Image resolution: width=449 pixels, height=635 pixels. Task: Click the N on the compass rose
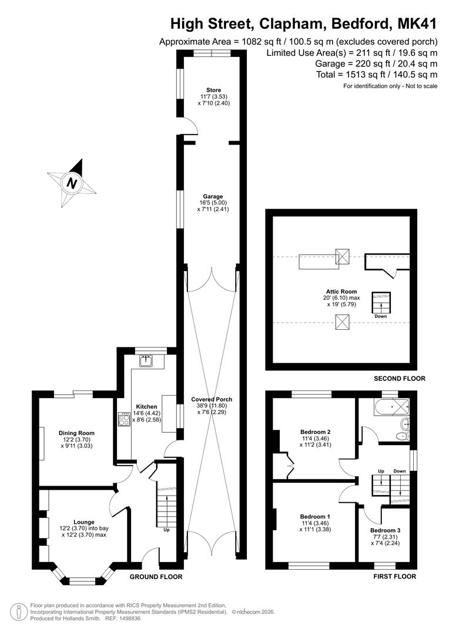coord(72,183)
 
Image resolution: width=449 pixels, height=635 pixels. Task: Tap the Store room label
coord(213,90)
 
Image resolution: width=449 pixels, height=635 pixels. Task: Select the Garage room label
coord(213,196)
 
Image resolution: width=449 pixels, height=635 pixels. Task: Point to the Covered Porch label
coord(212,399)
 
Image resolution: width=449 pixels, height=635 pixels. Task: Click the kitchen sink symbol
coord(146,360)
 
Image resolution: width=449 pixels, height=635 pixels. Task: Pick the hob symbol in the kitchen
coord(124,419)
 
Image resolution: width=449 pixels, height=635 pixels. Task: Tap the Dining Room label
coord(76,433)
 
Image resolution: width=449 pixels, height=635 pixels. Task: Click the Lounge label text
coord(84,522)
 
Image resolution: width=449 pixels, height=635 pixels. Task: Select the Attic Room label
coord(341,291)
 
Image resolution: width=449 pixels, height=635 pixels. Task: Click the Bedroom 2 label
coord(316,432)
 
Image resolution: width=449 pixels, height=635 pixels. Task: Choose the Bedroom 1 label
coord(315,516)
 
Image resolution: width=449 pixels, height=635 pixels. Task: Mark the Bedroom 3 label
coord(385,530)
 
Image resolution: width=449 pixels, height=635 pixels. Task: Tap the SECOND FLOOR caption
coord(399,379)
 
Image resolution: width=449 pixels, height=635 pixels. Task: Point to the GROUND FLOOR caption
coord(156,577)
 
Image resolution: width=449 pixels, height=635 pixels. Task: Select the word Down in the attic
coord(381,316)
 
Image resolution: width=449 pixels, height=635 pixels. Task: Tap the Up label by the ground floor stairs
coord(166,530)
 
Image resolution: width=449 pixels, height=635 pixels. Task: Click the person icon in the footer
coord(18,612)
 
